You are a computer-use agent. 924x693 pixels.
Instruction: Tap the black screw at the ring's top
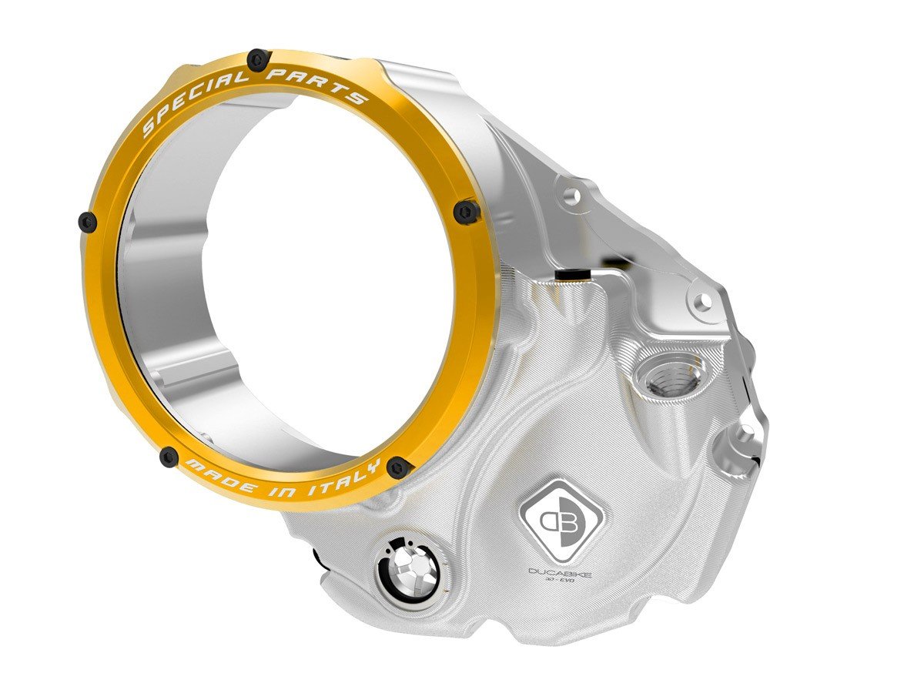click(258, 58)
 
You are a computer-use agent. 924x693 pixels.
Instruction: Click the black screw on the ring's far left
click(88, 222)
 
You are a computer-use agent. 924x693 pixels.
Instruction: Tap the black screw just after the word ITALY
click(397, 466)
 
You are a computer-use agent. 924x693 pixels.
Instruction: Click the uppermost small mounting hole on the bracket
click(571, 197)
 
